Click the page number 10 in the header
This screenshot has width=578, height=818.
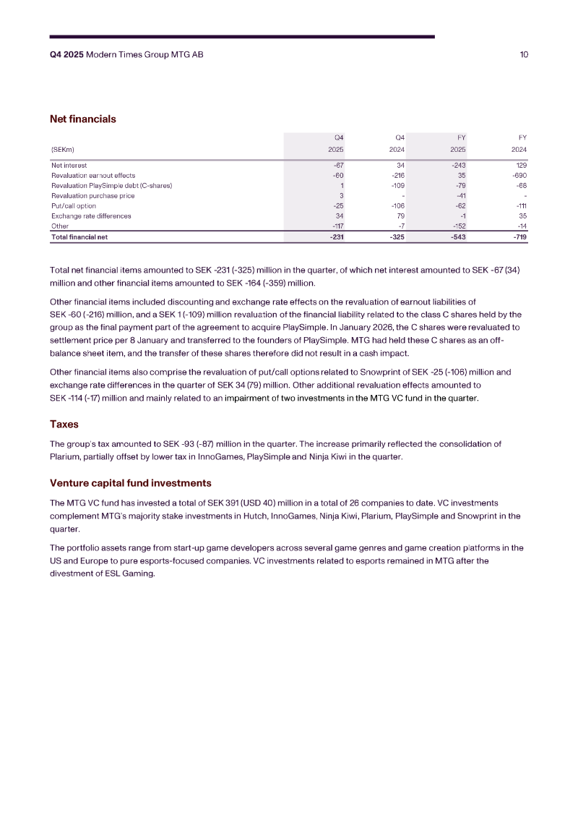tap(524, 55)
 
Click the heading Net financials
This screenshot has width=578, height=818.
tap(82, 119)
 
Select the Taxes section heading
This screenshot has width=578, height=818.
tap(64, 424)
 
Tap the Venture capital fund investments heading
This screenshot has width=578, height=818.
tap(130, 482)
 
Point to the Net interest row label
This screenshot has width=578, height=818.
tap(69, 166)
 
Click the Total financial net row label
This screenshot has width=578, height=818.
tap(79, 237)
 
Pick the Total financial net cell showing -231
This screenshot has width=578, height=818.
tap(335, 237)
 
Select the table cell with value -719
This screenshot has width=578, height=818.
tap(518, 237)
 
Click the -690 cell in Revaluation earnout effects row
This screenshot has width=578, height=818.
tap(518, 176)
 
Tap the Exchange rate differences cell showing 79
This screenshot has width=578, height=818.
tap(400, 216)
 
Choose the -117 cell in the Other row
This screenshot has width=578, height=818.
tap(337, 226)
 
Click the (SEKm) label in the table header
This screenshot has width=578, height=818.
tap(62, 150)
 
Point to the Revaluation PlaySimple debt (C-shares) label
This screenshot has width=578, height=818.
tap(111, 186)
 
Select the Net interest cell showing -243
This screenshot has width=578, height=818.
tap(458, 166)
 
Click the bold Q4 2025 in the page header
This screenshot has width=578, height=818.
tap(66, 55)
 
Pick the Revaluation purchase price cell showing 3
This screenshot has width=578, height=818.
tap(341, 195)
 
